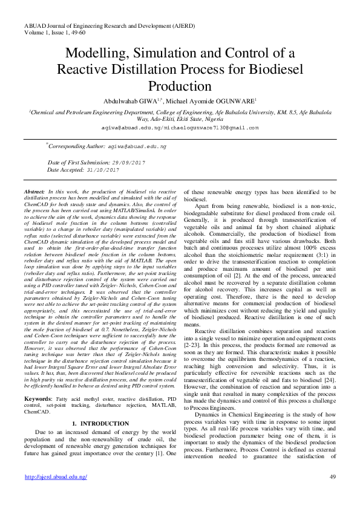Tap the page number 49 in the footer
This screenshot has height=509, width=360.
point(332,477)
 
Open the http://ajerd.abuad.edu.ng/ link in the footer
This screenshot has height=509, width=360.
point(56,477)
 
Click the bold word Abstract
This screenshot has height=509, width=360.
point(35,190)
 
